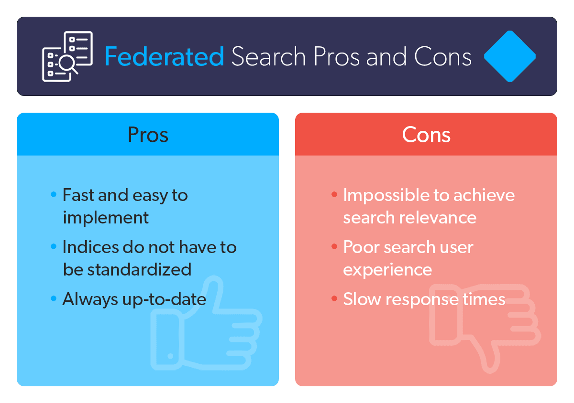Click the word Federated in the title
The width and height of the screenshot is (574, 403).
164,57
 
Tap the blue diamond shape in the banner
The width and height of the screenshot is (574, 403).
510,56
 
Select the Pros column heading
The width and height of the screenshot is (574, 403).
148,135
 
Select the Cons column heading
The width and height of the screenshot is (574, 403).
426,135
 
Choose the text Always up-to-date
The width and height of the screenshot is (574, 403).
134,299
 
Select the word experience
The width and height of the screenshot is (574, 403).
387,270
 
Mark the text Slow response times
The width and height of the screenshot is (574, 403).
424,299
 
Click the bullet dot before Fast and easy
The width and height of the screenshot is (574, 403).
54,195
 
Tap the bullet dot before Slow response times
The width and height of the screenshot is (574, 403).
334,299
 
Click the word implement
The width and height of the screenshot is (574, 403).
106,218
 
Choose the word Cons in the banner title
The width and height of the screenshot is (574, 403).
443,57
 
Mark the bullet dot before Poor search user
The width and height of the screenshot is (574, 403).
334,247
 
